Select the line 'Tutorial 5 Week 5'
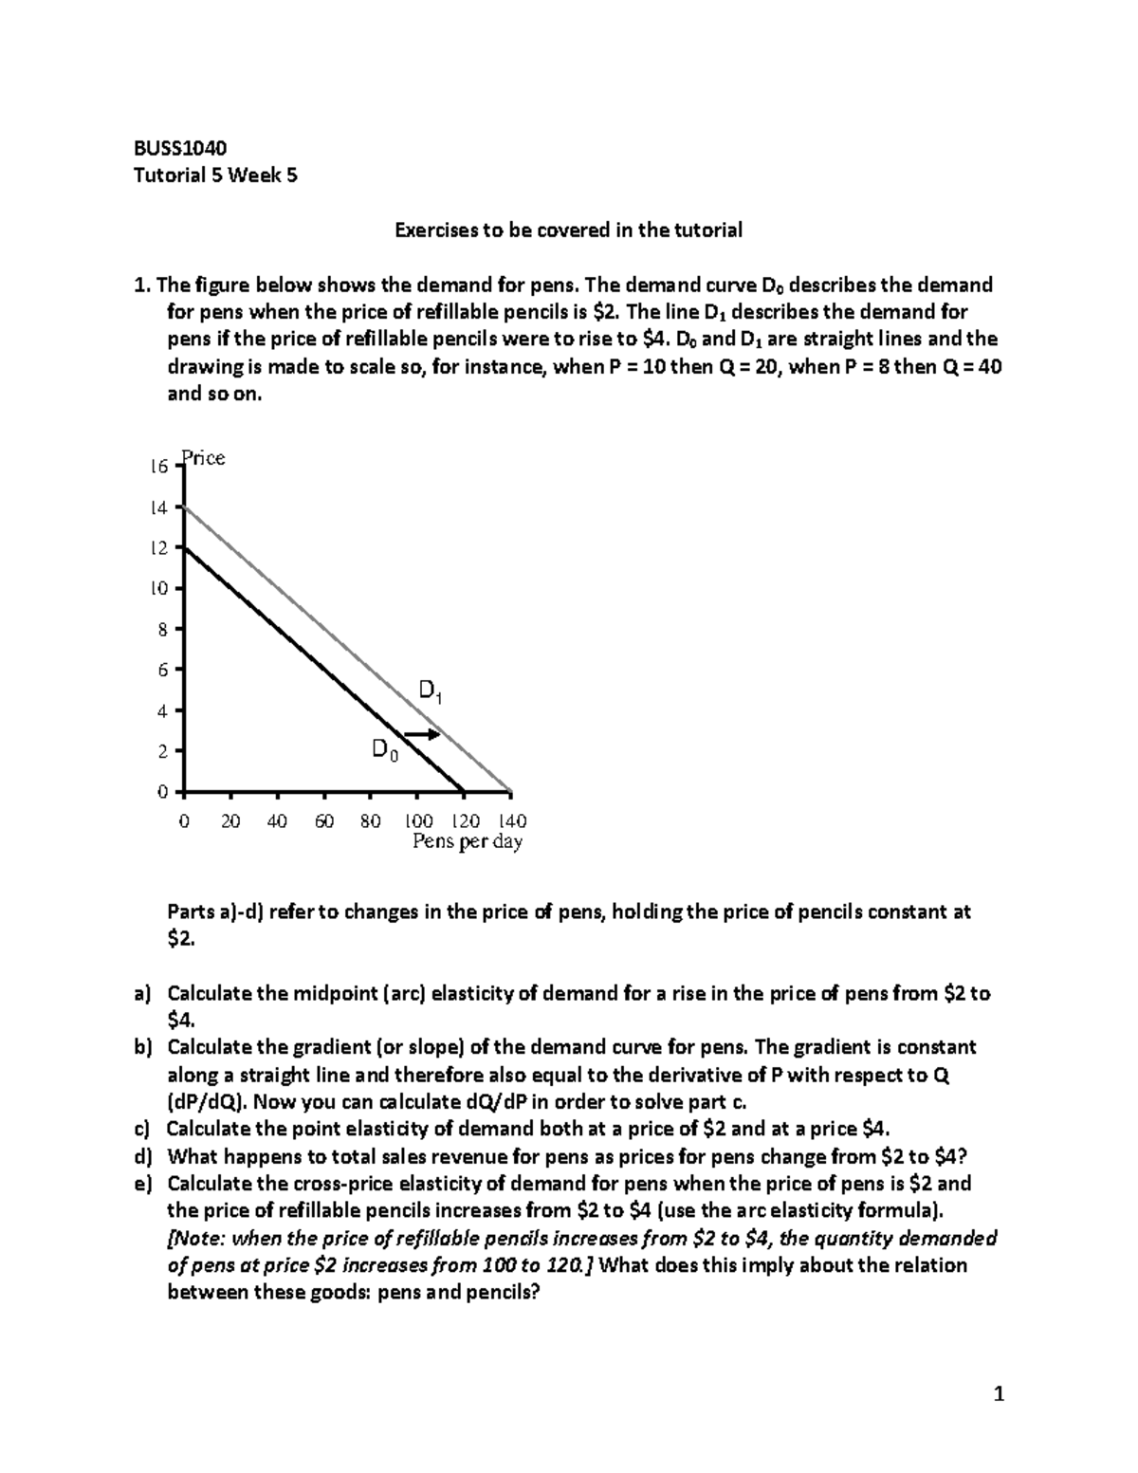[x=215, y=175]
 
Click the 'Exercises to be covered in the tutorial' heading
[x=568, y=230]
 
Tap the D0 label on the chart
[x=385, y=751]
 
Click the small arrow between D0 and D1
[x=422, y=734]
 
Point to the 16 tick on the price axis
[x=158, y=467]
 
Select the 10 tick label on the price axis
[x=158, y=589]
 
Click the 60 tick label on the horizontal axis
[x=324, y=821]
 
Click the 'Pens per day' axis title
[x=468, y=842]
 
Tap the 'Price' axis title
[x=204, y=458]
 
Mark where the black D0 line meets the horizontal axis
[x=464, y=791]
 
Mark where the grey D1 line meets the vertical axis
[x=184, y=507]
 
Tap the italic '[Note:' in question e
[x=195, y=1239]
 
